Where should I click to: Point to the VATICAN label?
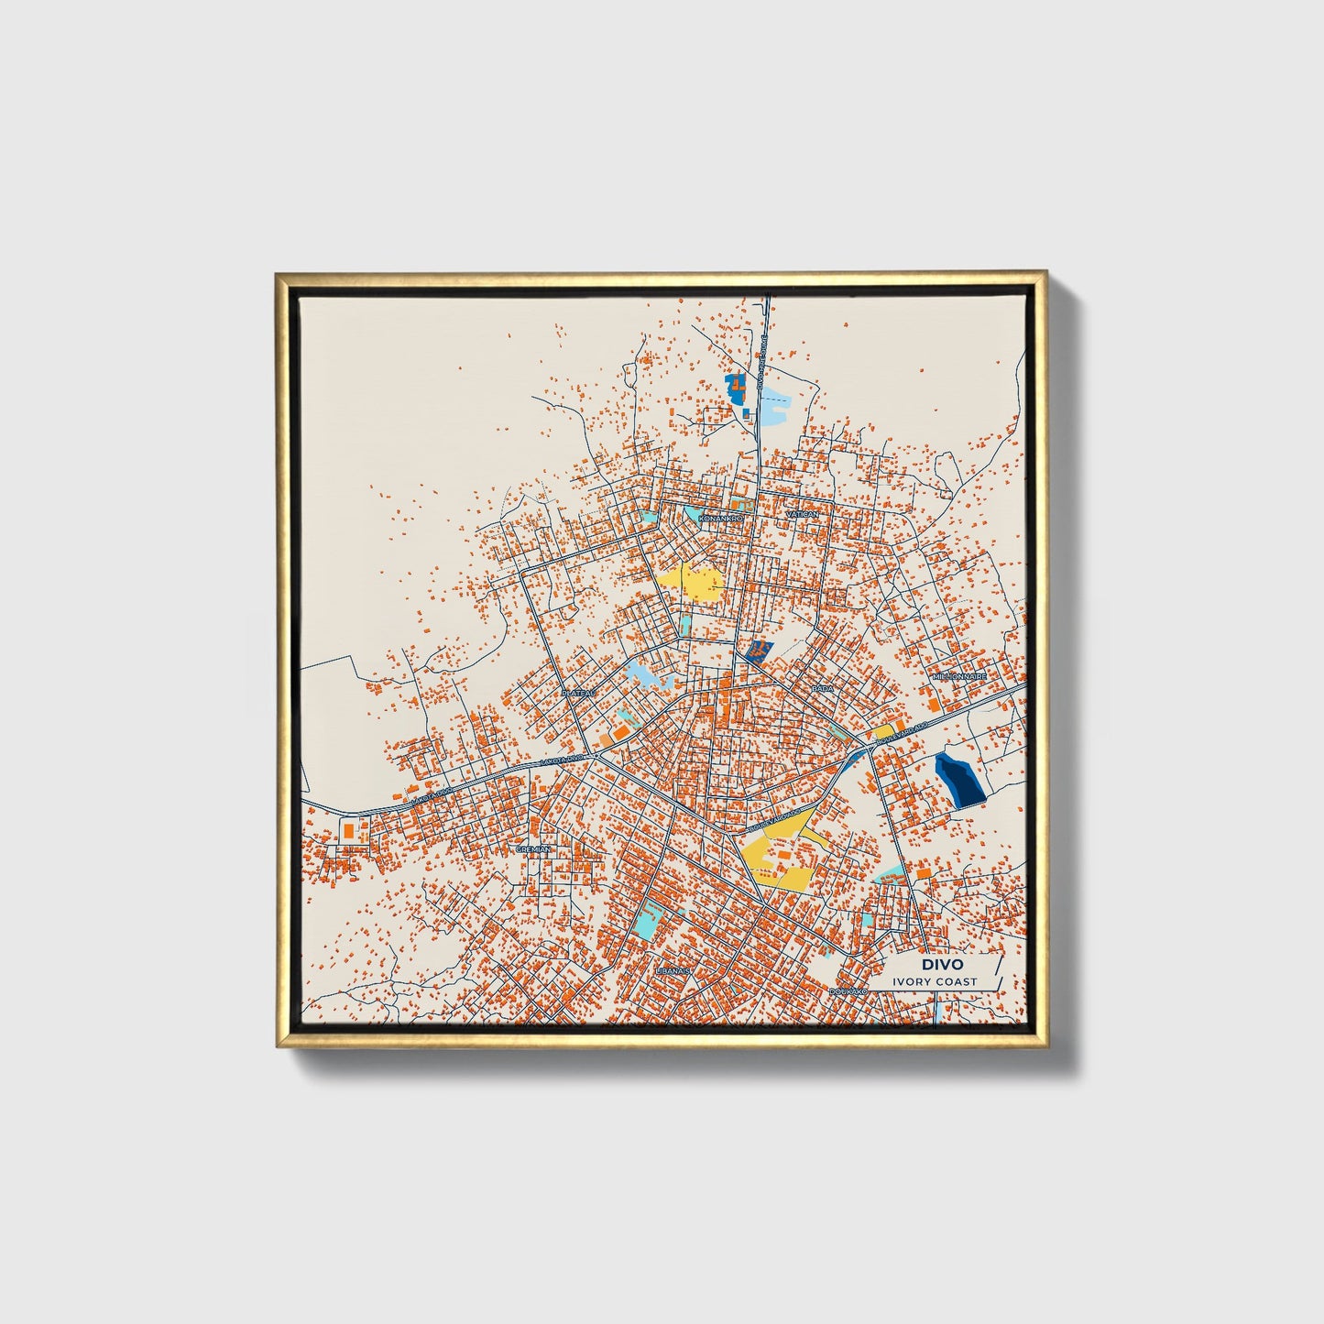click(x=801, y=516)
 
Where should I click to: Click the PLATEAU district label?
click(x=579, y=694)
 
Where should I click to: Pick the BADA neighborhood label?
click(x=823, y=687)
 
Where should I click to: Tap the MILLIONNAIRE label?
click(x=959, y=676)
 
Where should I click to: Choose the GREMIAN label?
click(x=534, y=849)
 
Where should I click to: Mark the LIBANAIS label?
click(x=672, y=968)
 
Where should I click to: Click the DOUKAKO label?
click(x=848, y=990)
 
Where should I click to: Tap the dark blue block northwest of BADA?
click(x=758, y=651)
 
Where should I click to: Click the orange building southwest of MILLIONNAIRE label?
click(x=933, y=705)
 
